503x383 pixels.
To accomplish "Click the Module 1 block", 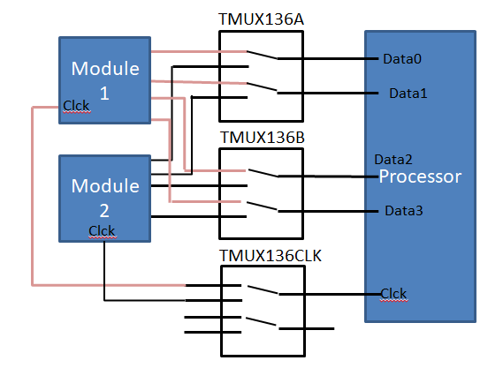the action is click(x=105, y=80).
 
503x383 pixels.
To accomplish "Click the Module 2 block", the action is click(x=105, y=199).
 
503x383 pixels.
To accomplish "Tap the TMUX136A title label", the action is click(x=261, y=19).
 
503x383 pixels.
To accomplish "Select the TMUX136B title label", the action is click(x=263, y=138).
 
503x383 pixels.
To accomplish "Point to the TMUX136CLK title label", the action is click(x=271, y=256).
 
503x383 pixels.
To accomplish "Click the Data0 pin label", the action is click(x=402, y=59).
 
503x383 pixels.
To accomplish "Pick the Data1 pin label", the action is click(x=408, y=94).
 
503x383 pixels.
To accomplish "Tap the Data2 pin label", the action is click(x=393, y=160).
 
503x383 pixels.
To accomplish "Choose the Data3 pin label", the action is click(x=404, y=211).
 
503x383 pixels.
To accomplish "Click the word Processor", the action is click(x=420, y=176).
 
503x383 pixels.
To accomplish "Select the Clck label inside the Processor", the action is click(x=394, y=294).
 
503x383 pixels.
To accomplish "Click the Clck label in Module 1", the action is click(x=77, y=106).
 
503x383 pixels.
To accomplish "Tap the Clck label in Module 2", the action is click(x=102, y=231).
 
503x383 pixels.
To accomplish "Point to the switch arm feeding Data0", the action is click(x=262, y=55).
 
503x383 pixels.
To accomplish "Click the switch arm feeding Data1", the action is click(x=262, y=87).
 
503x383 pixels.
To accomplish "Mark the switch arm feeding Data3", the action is click(x=263, y=207).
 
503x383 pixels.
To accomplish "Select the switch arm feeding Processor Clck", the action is click(x=263, y=289).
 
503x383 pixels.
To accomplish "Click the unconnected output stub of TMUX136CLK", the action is click(x=307, y=328).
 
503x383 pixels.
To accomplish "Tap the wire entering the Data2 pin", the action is click(x=328, y=176).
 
